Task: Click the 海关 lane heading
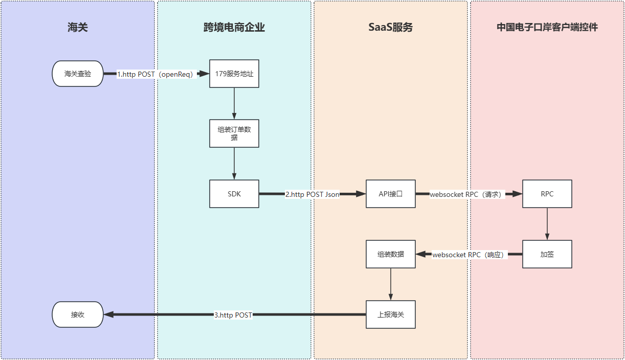(78, 28)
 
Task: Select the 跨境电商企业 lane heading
(234, 28)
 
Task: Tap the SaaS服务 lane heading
(391, 28)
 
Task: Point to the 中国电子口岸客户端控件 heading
(547, 28)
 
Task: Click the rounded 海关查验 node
(78, 74)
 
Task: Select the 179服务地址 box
(234, 74)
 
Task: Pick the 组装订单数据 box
(234, 133)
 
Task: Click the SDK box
(234, 194)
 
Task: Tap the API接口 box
(391, 194)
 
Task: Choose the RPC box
(547, 194)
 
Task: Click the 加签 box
(547, 254)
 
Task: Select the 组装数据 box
(391, 254)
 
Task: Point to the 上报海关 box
(391, 314)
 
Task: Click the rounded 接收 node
(78, 314)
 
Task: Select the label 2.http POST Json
(312, 194)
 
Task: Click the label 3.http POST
(233, 315)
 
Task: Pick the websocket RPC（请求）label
(467, 194)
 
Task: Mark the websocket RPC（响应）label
(469, 255)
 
